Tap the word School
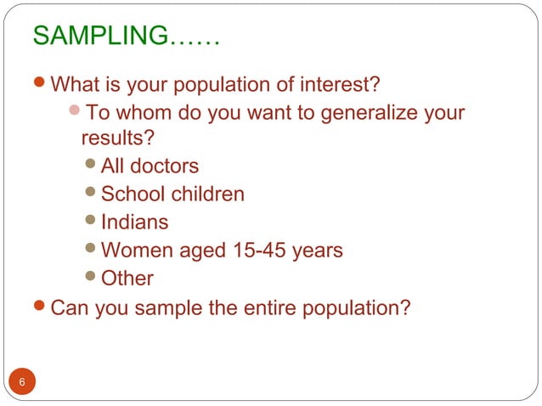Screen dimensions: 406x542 pyautogui.click(x=133, y=194)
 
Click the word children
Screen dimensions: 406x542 pyautogui.click(x=208, y=194)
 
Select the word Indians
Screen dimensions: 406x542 pyautogui.click(x=134, y=222)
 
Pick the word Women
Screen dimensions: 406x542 pyautogui.click(x=135, y=250)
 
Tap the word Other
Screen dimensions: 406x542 pyautogui.click(x=127, y=278)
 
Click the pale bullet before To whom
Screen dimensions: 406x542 pyautogui.click(x=75, y=112)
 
